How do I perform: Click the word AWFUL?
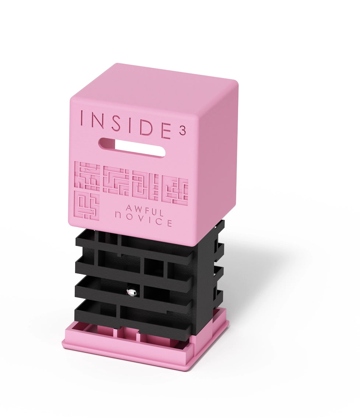tap(145, 210)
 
